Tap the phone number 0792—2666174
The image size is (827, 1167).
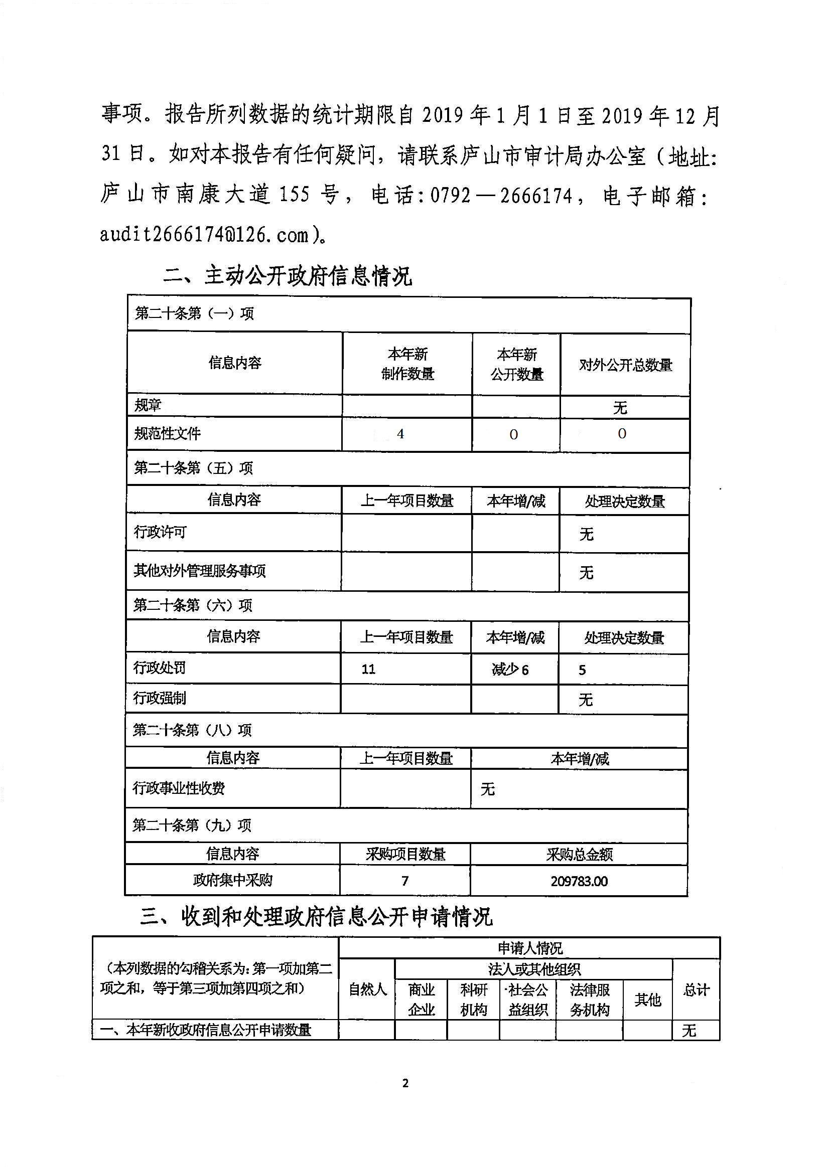click(x=501, y=196)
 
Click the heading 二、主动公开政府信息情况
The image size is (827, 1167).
click(x=288, y=276)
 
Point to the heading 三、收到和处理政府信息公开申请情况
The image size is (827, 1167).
click(x=316, y=917)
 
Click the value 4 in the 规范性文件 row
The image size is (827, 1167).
click(x=400, y=434)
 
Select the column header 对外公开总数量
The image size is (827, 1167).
click(x=625, y=365)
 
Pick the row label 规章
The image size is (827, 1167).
click(x=148, y=405)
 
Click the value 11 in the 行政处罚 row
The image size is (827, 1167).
click(x=368, y=669)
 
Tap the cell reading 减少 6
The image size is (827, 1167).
click(x=510, y=669)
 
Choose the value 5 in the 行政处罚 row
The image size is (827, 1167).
click(x=582, y=670)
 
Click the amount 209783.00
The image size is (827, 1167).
click(x=579, y=881)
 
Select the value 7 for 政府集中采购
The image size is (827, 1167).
click(x=405, y=881)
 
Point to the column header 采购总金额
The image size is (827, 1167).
click(x=579, y=855)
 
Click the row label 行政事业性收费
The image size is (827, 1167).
click(x=179, y=788)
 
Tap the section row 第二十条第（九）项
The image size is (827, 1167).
click(x=192, y=825)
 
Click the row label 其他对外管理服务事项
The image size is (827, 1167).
click(x=200, y=571)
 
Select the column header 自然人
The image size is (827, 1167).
click(x=367, y=989)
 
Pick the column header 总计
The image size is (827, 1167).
click(x=696, y=989)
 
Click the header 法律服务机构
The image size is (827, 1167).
click(x=589, y=999)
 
